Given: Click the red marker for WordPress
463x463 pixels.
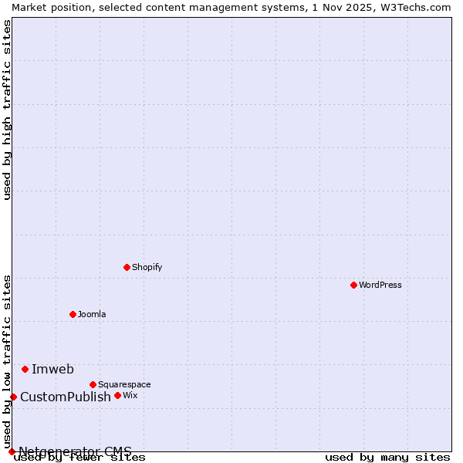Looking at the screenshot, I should tap(353, 285).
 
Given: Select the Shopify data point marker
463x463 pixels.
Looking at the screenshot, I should tap(127, 267).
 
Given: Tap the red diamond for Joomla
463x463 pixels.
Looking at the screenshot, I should tap(73, 314).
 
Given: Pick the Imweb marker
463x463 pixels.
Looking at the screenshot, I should tap(25, 369).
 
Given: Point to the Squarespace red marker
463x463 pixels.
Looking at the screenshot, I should tap(93, 384).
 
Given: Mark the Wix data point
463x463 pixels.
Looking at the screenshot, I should tap(117, 395).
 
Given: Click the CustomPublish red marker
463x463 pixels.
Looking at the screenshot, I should tap(13, 397).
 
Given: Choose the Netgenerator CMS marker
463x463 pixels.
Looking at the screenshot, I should tap(12, 451).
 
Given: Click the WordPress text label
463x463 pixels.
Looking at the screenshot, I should tap(380, 285).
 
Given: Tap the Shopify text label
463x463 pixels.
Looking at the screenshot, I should tap(147, 267).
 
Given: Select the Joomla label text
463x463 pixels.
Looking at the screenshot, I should tap(92, 314).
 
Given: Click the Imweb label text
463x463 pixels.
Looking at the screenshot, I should tap(52, 369).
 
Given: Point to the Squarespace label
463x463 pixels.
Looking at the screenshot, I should tap(124, 384).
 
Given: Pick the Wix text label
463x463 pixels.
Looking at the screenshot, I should tap(130, 395).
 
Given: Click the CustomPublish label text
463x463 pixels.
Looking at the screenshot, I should tap(66, 397).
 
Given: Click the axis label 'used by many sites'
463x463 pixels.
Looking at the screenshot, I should tap(387, 458).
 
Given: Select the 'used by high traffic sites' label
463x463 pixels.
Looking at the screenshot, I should tap(8, 110).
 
